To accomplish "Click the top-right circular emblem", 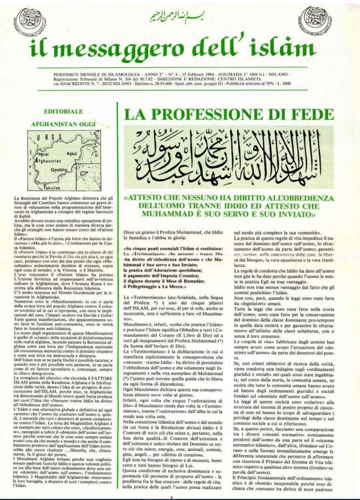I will [x=331, y=21].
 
